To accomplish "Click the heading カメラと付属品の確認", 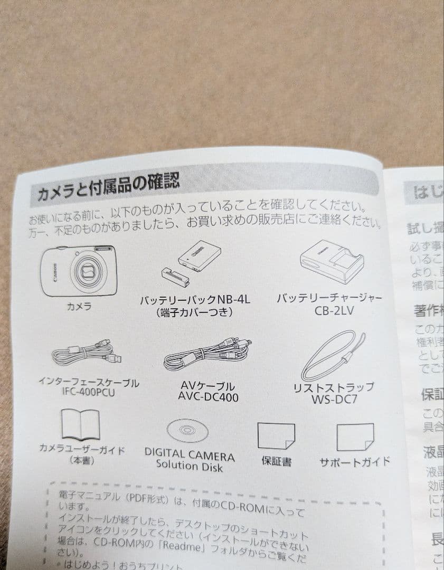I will click(108, 187).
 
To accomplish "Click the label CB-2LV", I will click(334, 311).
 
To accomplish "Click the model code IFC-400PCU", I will click(88, 393).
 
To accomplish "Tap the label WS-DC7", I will click(334, 399).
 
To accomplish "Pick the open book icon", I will click(80, 425).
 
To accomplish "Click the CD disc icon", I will click(187, 430).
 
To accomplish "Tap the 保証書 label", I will click(276, 461).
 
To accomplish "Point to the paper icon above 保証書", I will click(276, 436).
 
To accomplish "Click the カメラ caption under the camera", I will click(79, 306).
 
